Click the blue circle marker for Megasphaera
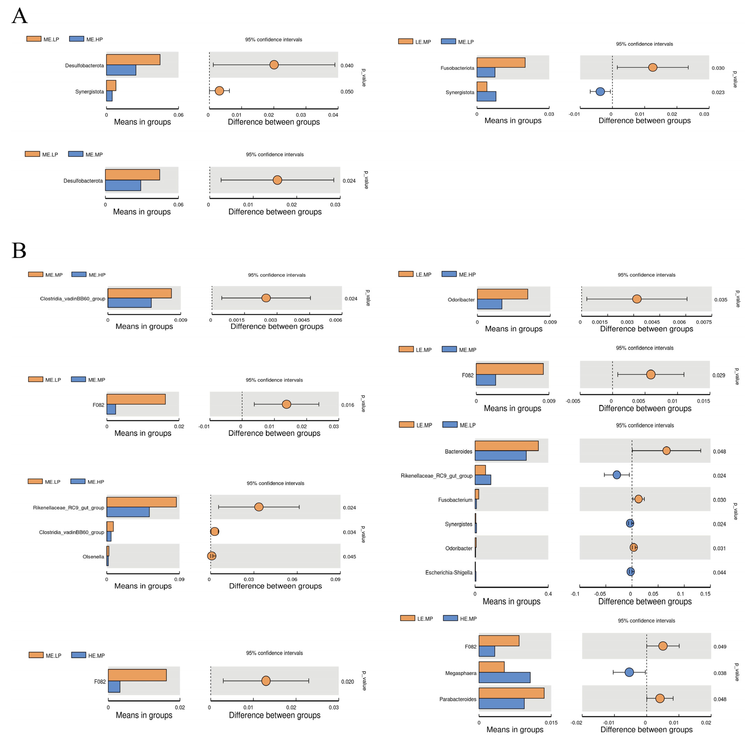[x=629, y=672]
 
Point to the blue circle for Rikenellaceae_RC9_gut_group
[x=617, y=475]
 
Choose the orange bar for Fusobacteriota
[x=501, y=63]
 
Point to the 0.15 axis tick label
[x=705, y=594]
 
